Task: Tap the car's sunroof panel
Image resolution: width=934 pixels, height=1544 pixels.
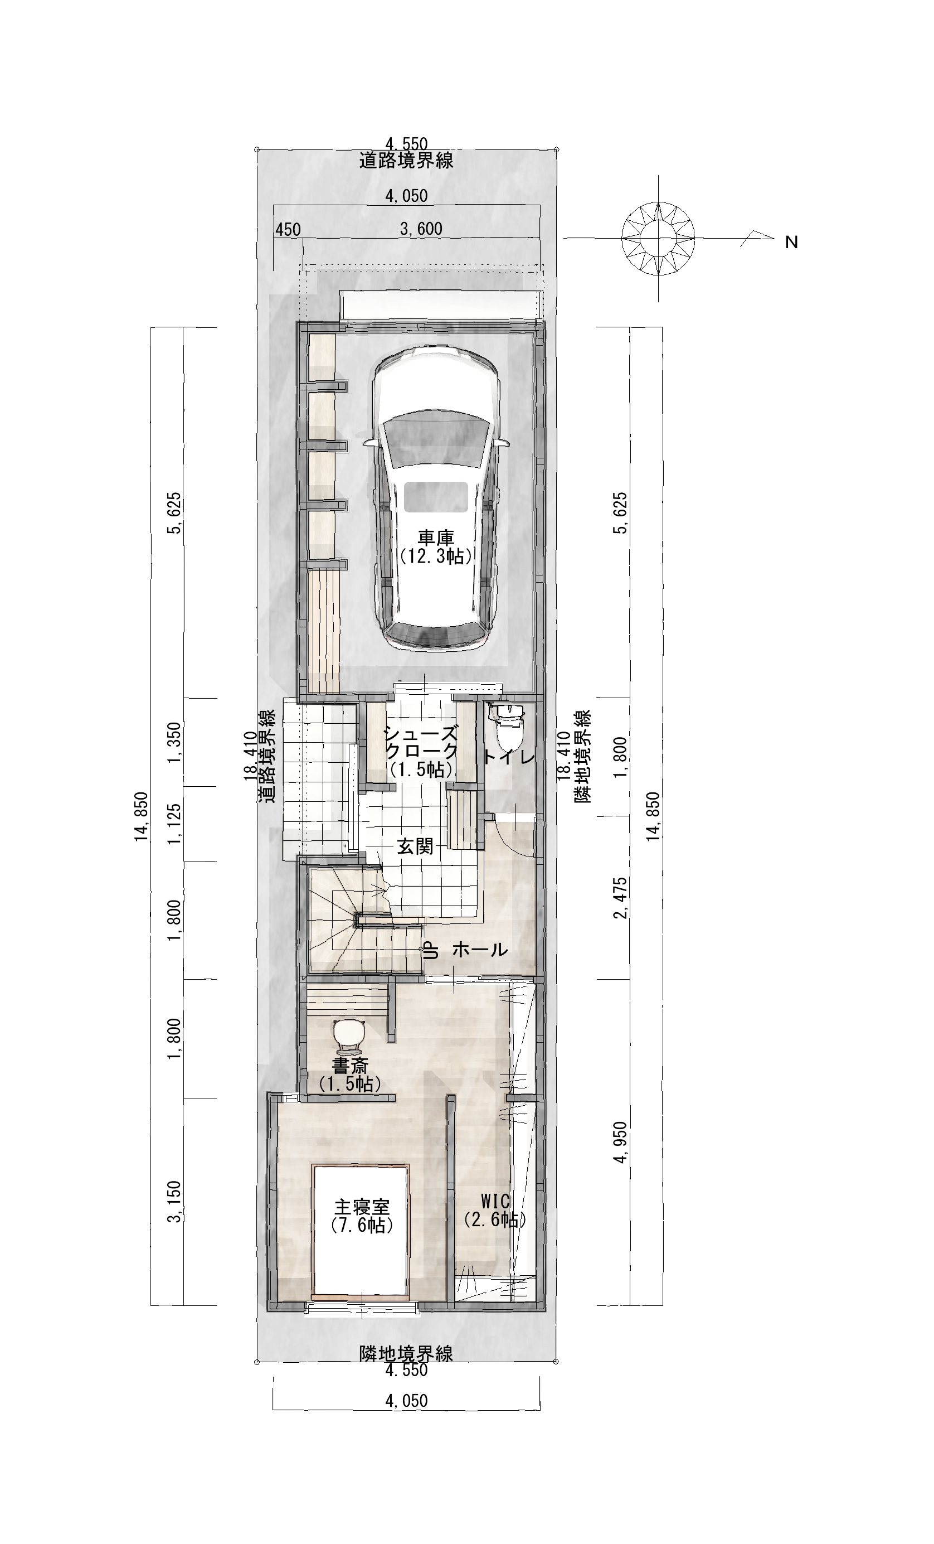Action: (x=436, y=496)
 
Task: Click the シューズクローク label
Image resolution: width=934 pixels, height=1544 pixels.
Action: (x=421, y=749)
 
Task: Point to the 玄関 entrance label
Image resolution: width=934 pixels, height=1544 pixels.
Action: (x=415, y=846)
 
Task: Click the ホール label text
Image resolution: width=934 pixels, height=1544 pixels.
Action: (x=479, y=950)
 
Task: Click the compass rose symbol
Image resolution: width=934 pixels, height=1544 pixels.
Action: (x=658, y=238)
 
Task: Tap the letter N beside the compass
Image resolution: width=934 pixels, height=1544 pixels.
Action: (x=791, y=242)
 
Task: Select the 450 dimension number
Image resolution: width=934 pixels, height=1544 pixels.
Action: (x=288, y=230)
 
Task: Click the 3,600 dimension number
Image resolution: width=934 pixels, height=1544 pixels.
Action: (x=421, y=229)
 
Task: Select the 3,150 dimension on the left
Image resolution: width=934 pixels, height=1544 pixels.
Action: (x=175, y=1201)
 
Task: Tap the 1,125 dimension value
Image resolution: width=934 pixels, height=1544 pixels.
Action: (x=175, y=824)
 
